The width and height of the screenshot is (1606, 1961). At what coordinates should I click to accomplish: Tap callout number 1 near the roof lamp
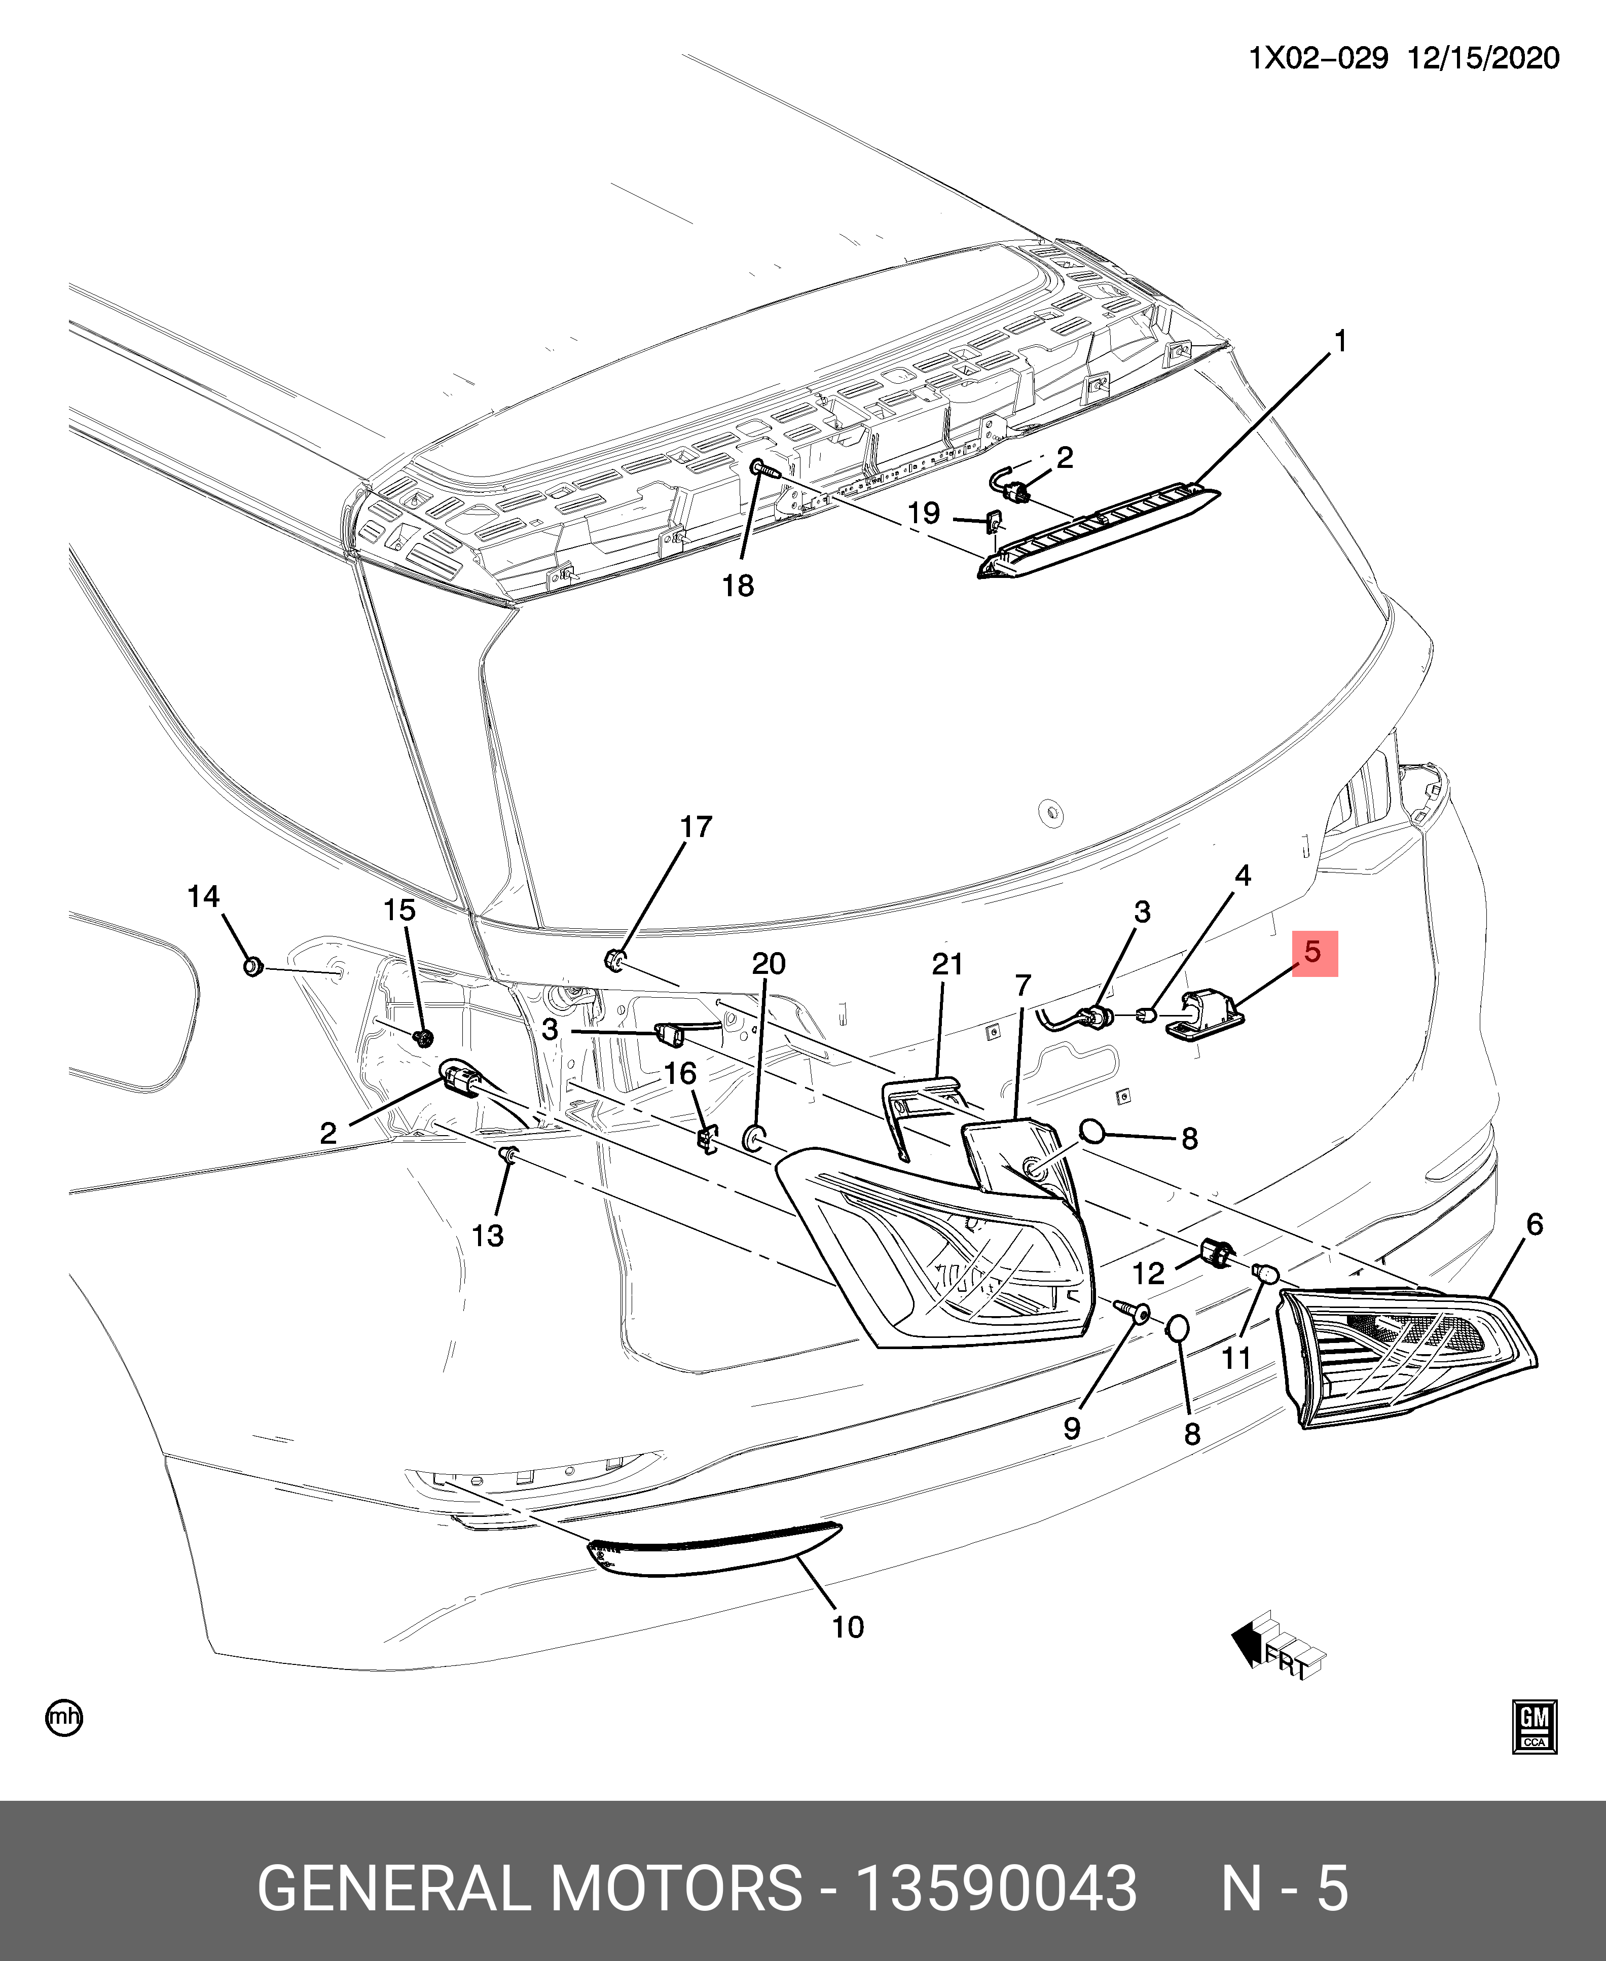(1339, 342)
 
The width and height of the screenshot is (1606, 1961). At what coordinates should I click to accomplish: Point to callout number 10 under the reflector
(848, 1627)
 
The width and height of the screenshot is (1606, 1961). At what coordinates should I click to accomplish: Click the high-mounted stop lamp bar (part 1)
(1101, 532)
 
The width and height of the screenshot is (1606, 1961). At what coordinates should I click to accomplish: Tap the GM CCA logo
(1535, 1726)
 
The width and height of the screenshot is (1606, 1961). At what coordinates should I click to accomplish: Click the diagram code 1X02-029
(1318, 58)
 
